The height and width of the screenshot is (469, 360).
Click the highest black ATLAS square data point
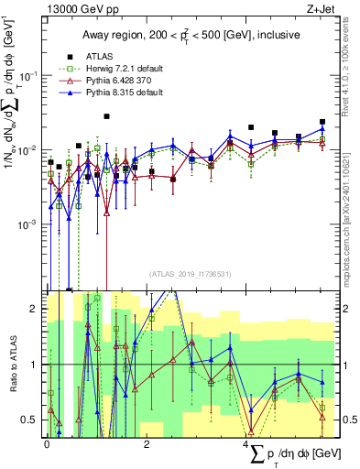click(107, 116)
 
